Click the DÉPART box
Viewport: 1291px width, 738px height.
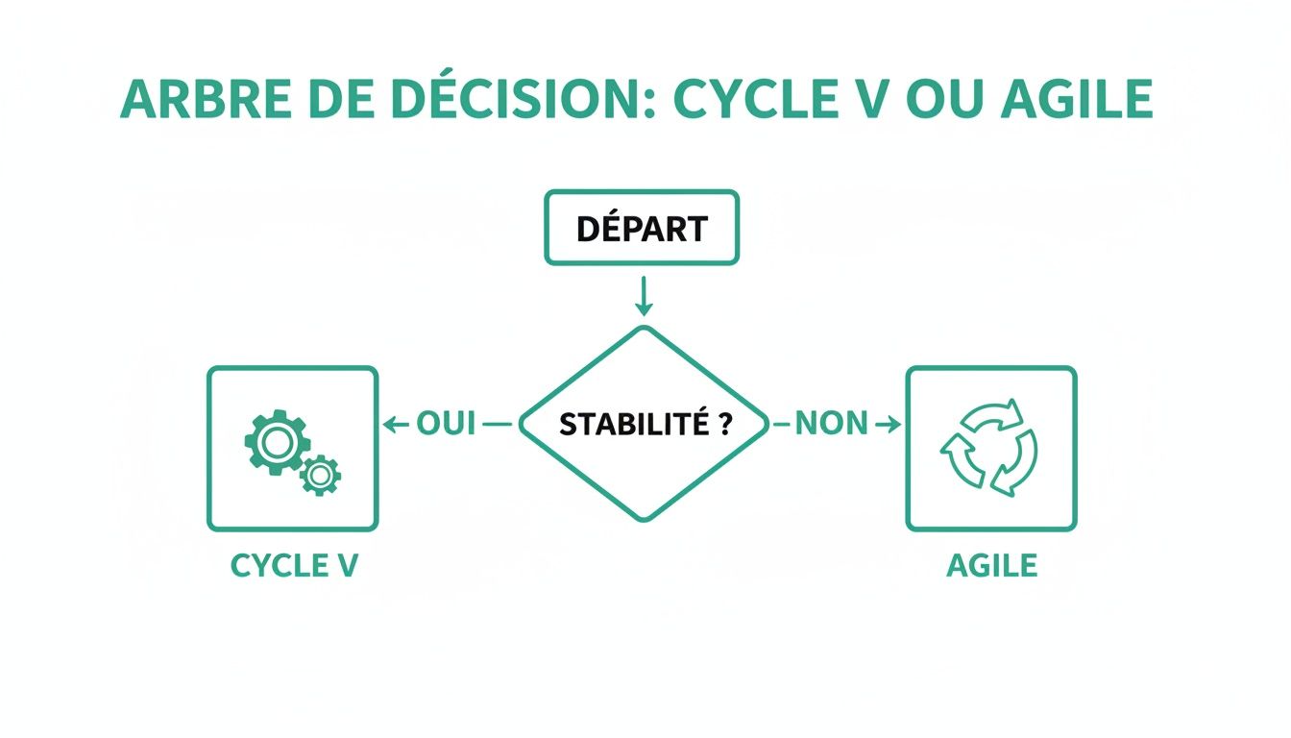pos(642,228)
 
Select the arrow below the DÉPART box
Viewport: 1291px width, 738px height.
pos(644,297)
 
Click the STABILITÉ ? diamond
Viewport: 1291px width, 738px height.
pos(644,424)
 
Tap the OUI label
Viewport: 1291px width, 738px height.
pos(446,424)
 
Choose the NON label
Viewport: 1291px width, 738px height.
pos(832,424)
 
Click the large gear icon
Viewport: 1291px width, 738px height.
pos(275,441)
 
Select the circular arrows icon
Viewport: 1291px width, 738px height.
pos(990,449)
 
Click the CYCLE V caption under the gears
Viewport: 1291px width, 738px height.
pos(294,565)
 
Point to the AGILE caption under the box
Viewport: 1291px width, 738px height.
pos(991,565)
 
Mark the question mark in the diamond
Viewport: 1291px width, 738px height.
pos(725,425)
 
